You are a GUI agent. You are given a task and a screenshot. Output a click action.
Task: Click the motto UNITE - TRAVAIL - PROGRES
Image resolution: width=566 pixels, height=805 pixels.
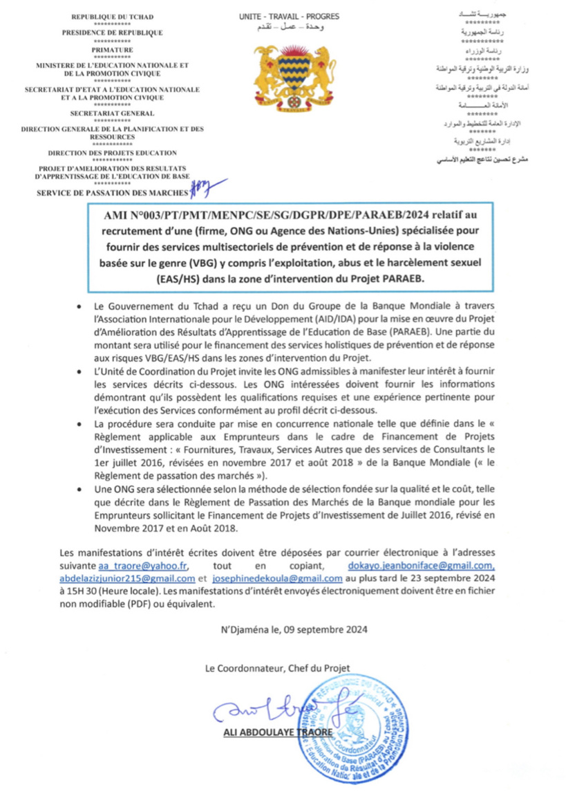click(282, 15)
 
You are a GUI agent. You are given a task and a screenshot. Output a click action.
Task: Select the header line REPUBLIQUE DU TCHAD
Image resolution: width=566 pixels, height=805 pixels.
click(112, 16)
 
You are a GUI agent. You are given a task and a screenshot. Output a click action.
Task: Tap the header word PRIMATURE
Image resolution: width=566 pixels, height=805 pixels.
click(112, 50)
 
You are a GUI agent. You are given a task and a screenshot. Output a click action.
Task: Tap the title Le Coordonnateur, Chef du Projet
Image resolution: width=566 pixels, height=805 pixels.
click(277, 667)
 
